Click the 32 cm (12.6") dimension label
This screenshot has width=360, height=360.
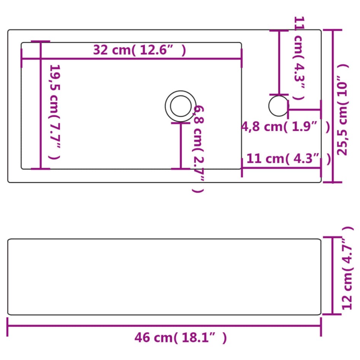pyautogui.click(x=140, y=50)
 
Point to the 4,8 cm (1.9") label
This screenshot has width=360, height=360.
pyautogui.click(x=285, y=127)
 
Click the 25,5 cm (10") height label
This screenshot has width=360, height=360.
pyautogui.click(x=343, y=109)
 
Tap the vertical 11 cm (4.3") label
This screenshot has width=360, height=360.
pyautogui.click(x=299, y=59)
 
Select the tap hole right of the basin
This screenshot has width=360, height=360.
pyautogui.click(x=278, y=106)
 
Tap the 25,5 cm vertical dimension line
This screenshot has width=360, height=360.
pyautogui.click(x=333, y=106)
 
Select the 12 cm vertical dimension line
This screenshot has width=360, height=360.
pyautogui.click(x=333, y=275)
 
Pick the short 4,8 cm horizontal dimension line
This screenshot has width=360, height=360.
pyautogui.click(x=304, y=110)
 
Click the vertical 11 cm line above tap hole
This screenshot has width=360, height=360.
pyautogui.click(x=279, y=63)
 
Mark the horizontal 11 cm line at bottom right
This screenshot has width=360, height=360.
pyautogui.click(x=281, y=167)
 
